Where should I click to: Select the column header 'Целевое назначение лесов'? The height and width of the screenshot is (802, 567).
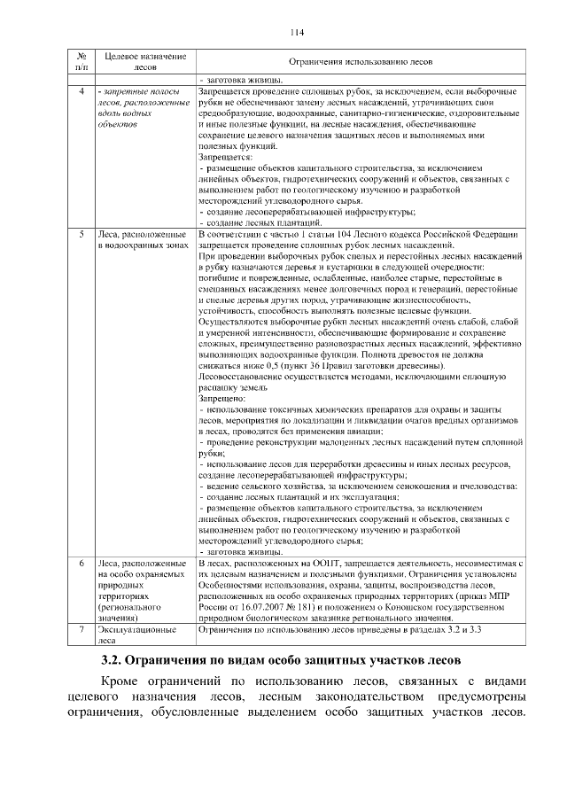144,61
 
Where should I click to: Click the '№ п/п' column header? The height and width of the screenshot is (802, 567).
82,61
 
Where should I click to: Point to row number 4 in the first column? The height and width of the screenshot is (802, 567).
82,92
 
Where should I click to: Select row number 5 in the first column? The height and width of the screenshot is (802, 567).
82,233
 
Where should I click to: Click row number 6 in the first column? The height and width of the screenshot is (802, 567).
82,563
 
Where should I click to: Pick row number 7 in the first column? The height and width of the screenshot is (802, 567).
82,629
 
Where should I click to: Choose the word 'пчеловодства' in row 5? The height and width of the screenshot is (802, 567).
485,487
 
